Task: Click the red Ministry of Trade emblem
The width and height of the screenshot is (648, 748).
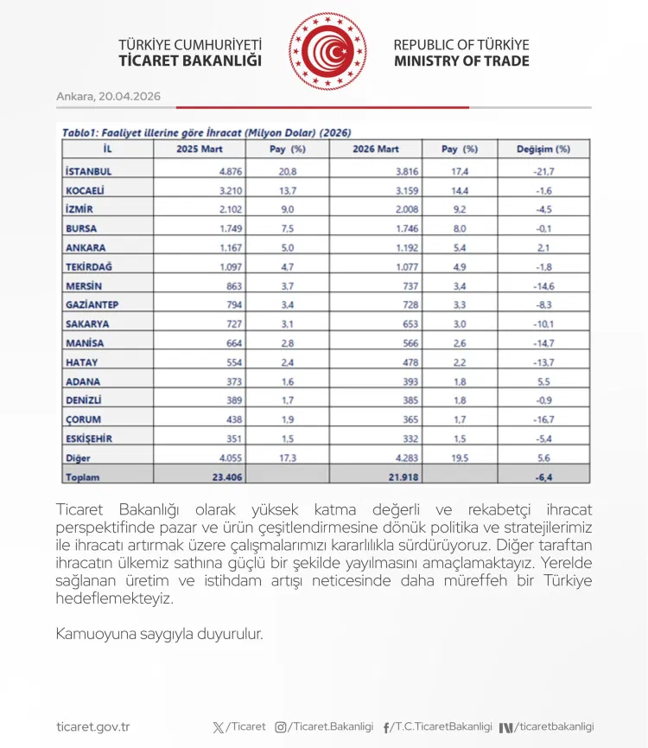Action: [x=327, y=52]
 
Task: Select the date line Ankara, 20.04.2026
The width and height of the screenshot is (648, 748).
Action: [x=108, y=96]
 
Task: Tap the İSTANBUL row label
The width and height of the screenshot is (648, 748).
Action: [x=89, y=171]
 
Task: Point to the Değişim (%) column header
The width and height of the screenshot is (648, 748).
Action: [x=543, y=149]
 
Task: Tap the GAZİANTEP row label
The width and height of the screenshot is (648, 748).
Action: [x=92, y=304]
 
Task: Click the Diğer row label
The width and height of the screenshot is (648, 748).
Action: [x=78, y=457]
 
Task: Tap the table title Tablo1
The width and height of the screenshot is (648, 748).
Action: [x=80, y=133]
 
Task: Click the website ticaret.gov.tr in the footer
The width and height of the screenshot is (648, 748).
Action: [x=92, y=727]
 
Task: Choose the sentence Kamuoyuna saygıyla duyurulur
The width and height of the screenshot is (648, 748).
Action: [x=159, y=634]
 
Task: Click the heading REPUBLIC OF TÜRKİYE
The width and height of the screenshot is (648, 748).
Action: [x=461, y=45]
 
